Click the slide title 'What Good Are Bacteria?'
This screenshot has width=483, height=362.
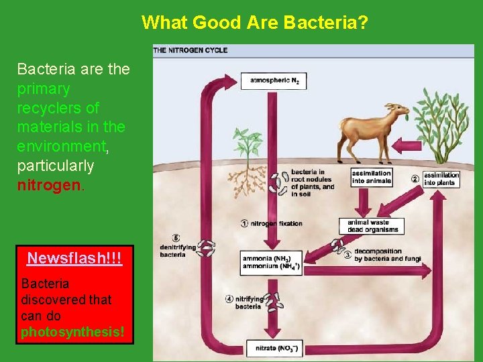pos(254,23)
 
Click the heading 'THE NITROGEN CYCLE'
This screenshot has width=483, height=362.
pos(191,50)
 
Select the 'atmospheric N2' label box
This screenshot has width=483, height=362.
pos(274,81)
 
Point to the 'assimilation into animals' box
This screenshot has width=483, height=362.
pos(371,178)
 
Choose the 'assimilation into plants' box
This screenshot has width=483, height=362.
pos(440,179)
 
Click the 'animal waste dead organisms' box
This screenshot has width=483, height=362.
pos(373,227)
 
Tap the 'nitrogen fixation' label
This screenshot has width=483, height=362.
pos(276,223)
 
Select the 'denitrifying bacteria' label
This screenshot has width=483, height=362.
pos(178,251)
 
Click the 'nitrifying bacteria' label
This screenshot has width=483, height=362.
pos(248,302)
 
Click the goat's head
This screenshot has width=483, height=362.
pos(398,111)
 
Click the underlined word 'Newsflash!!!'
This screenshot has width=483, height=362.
pos(74,258)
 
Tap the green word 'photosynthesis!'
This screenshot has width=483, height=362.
pos(72,332)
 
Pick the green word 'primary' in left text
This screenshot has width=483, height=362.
pos(43,88)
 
